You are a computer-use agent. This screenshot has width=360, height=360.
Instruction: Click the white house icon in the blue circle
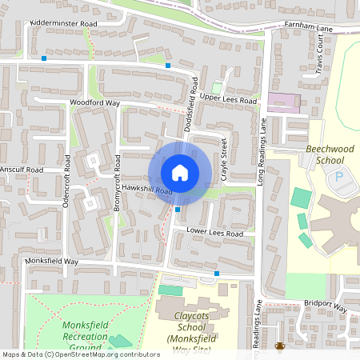point(180,173)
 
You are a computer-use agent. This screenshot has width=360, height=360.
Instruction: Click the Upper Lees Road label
point(228,101)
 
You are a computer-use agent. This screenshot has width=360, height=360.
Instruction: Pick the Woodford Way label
point(94,103)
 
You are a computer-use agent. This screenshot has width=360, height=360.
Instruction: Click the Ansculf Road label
point(22,170)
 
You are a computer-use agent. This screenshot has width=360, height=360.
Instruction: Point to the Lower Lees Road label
point(214,233)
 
